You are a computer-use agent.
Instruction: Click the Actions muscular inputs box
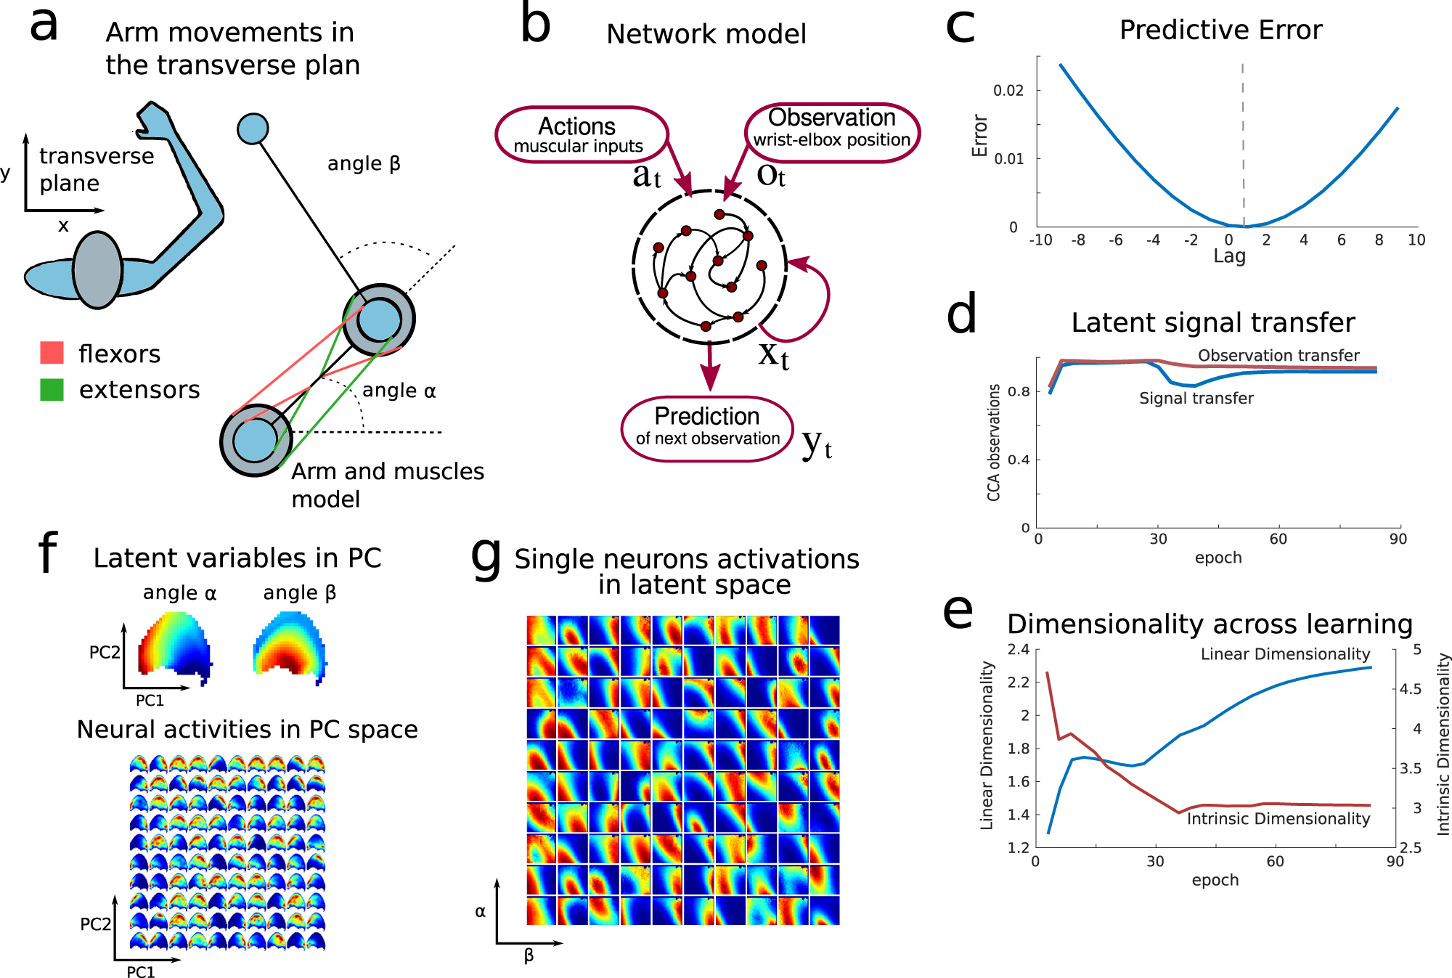(x=581, y=135)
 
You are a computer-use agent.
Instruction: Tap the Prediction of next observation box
(x=707, y=428)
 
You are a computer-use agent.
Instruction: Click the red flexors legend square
(x=52, y=353)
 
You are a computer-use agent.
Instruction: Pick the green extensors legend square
(x=52, y=390)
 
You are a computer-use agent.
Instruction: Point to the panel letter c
(x=960, y=28)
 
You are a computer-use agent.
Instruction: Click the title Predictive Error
(x=1220, y=30)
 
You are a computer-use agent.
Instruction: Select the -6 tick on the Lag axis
(x=1115, y=240)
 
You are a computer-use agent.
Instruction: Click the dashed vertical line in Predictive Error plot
(x=1243, y=145)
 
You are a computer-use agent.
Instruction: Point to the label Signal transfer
(x=1196, y=399)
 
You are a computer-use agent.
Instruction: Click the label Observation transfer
(x=1278, y=356)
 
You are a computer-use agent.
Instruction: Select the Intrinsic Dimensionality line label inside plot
(x=1278, y=819)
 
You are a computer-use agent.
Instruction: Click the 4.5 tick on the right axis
(x=1410, y=689)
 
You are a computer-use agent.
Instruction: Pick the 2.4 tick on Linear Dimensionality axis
(x=1019, y=649)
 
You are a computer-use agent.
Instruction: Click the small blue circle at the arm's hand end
(x=253, y=129)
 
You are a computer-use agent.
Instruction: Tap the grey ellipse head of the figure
(x=97, y=270)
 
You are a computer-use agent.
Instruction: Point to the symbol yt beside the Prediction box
(x=817, y=444)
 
